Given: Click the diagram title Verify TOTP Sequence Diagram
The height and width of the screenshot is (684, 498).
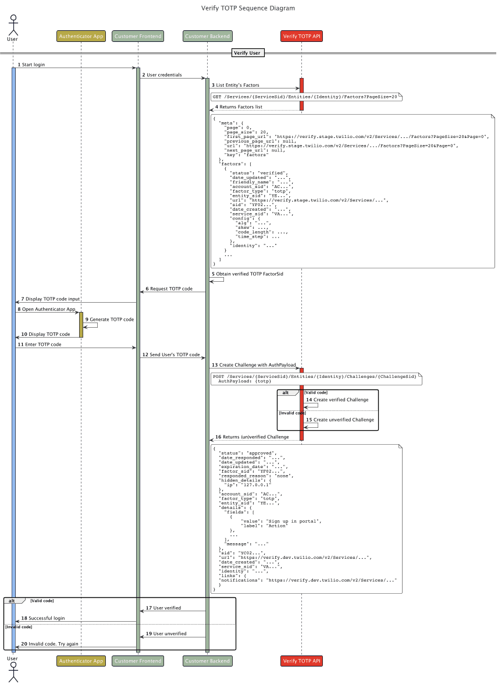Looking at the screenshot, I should pos(248,8).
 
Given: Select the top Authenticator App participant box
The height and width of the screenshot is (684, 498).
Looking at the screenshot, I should pos(81,36).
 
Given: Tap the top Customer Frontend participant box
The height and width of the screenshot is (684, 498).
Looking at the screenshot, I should pos(138,36).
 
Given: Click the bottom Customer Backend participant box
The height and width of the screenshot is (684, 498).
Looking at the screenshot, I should pos(207,661).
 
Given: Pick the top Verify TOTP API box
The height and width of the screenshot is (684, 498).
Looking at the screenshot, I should pos(301,36).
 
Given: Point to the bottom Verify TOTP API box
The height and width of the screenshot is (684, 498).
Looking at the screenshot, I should pos(301,661).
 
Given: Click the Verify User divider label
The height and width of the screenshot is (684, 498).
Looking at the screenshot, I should pos(248,54).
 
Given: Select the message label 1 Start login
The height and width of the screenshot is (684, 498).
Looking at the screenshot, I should pos(31,64).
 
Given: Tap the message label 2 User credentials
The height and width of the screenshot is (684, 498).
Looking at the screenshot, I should pos(161,75).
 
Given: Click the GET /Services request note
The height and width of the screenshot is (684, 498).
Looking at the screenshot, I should pos(305,96).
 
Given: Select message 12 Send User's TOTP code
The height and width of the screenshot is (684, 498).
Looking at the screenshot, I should pos(170,355).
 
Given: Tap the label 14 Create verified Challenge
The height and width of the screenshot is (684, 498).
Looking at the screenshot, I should pos(337,400).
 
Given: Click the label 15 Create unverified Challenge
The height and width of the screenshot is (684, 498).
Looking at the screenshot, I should pos(340,420).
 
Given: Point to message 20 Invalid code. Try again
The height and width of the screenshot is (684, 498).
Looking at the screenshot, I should pos(47,644).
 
